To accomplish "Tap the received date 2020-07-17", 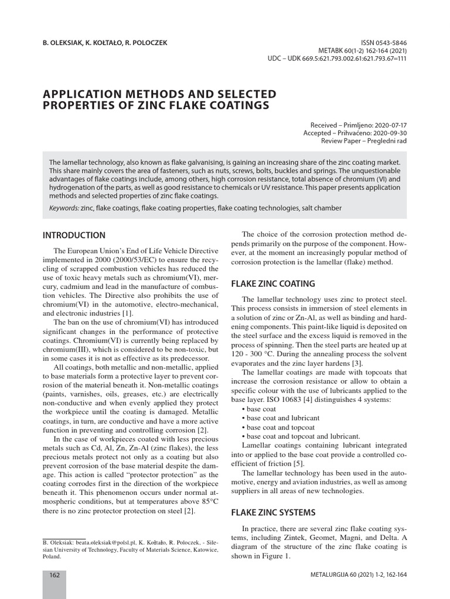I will pos(387,125).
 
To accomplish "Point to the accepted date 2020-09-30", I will pos(387,133).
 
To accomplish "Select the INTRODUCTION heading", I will pos(74,235).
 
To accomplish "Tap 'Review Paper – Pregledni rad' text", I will pos(364,141).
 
